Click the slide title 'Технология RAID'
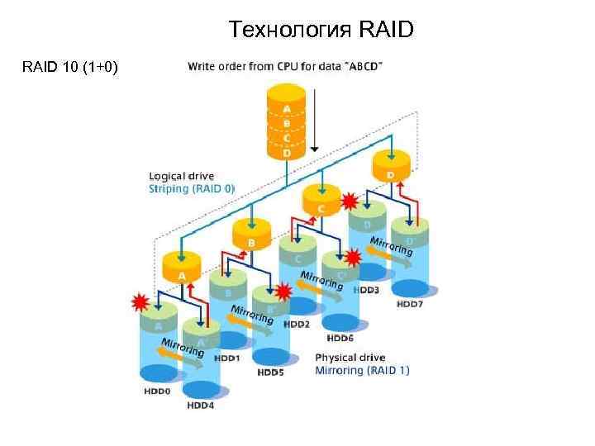pos(322,31)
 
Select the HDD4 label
pos(201,405)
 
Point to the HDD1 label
pos(227,358)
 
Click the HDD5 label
pos(271,372)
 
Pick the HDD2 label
pos(297,325)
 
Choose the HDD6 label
pos(340,338)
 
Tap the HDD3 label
pos(366,291)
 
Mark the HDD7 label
pos(410,304)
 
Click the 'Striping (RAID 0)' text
pos(192,188)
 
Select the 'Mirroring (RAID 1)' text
pos(363,371)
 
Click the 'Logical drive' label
pos(181,176)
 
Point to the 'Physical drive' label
pos(350,358)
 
